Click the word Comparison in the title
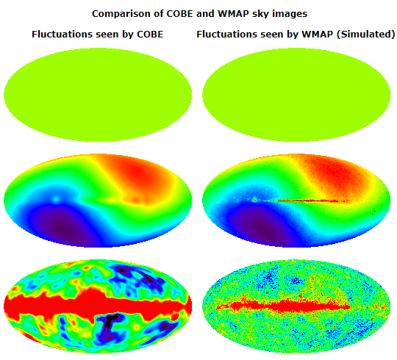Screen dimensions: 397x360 tap(121, 14)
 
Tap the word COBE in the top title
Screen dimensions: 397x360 tap(179, 14)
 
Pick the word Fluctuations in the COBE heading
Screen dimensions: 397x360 tap(62, 34)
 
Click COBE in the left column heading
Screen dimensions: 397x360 tap(150, 34)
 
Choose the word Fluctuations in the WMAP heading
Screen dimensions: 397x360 tap(227, 34)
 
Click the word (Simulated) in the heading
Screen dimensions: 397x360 tap(365, 35)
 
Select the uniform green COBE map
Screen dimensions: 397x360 tap(98, 95)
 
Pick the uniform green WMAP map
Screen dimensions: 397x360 tap(296, 95)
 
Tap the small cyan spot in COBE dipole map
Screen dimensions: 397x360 tap(56, 199)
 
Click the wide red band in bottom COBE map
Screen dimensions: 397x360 tap(98, 305)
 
